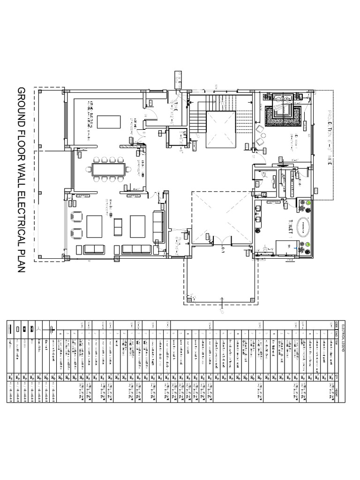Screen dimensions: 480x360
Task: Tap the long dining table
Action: [108, 169]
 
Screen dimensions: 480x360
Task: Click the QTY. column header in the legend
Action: [337, 375]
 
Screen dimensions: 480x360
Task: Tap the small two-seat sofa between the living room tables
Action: [118, 227]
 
